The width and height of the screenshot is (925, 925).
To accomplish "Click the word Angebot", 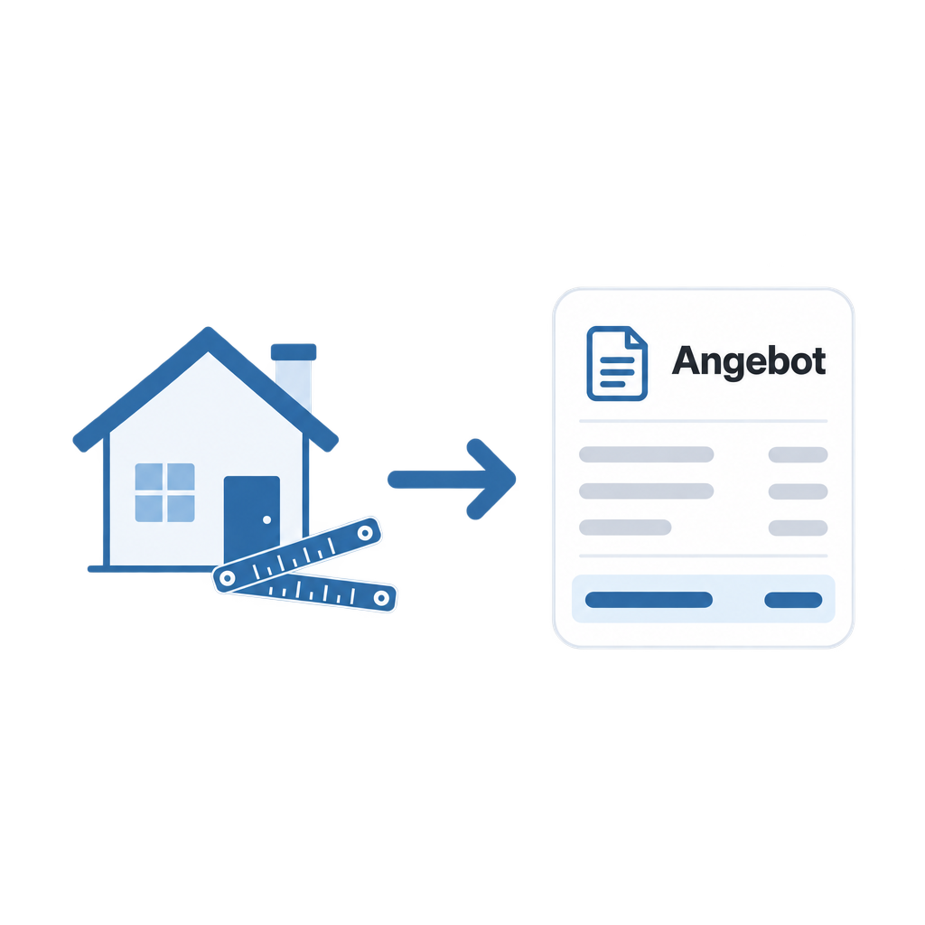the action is click(x=749, y=361).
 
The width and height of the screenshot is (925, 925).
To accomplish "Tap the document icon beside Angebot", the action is click(x=617, y=363).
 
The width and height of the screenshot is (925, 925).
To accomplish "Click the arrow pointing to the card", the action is click(x=452, y=479).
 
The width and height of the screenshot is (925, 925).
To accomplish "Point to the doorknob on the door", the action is click(x=266, y=519).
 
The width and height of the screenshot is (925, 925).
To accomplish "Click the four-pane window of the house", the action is click(x=164, y=492).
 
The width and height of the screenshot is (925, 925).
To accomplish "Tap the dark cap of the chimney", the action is click(x=294, y=351).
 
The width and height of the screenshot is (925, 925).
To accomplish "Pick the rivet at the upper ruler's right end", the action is click(x=365, y=533).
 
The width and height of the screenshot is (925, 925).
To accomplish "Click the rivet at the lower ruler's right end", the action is click(x=382, y=598).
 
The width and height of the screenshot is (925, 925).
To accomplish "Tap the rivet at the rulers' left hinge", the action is click(x=227, y=579).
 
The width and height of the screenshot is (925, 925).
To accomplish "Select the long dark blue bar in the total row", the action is click(x=649, y=600).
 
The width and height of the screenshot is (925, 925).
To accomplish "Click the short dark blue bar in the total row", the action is click(x=793, y=600).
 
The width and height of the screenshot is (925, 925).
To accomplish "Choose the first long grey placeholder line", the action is click(x=647, y=454).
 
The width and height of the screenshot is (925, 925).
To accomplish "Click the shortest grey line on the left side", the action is click(x=625, y=528).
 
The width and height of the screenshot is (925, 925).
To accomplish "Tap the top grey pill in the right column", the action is click(x=799, y=455).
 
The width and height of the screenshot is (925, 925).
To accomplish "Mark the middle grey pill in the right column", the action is click(x=799, y=491).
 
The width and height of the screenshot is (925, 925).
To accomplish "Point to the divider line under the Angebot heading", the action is click(x=703, y=421).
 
